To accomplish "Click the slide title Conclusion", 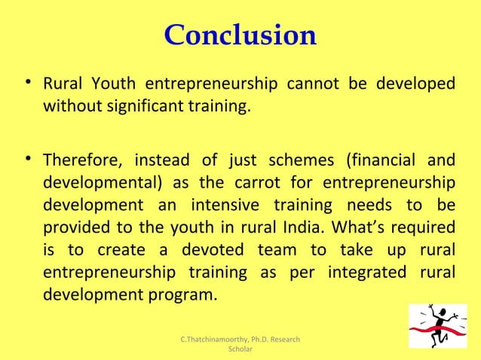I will click(x=240, y=35).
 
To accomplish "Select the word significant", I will click(x=139, y=105).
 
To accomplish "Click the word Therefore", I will click(x=83, y=160).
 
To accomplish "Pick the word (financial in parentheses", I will click(x=381, y=160).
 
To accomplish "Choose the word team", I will click(x=277, y=249).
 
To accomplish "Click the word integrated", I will click(x=363, y=271).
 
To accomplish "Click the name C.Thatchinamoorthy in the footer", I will click(x=215, y=340).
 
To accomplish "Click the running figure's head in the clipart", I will click(x=434, y=309).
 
